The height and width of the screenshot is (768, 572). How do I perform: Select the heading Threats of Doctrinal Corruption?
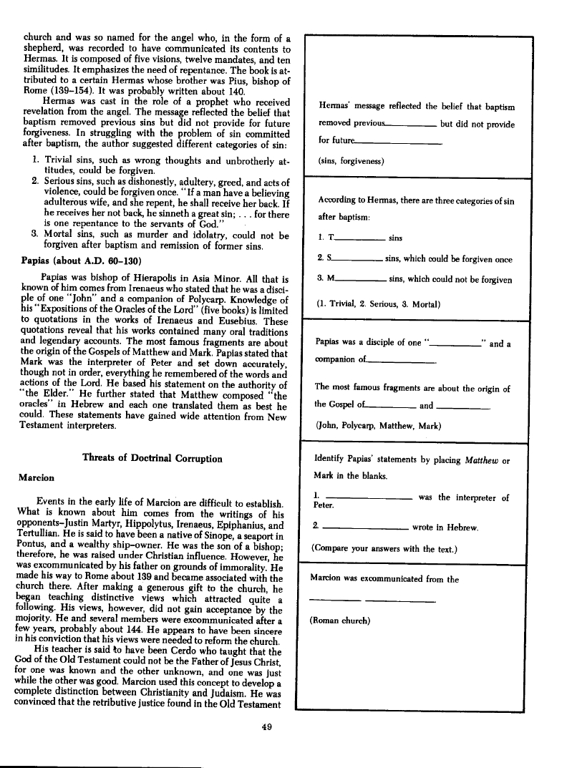click(x=152, y=458)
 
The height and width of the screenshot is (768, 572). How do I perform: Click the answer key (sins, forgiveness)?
click(x=352, y=161)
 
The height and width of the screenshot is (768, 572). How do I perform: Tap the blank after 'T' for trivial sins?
click(x=360, y=238)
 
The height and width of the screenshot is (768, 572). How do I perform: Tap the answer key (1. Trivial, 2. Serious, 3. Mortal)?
click(x=379, y=304)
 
